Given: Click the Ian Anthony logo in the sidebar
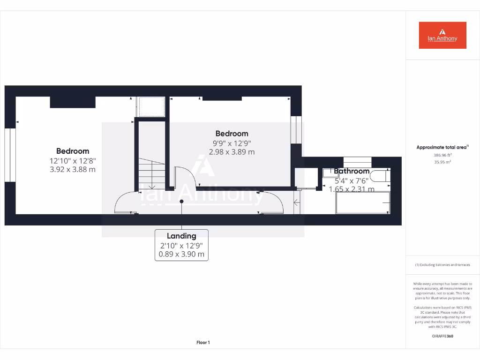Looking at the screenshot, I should point(442,35).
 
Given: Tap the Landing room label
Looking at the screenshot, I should point(181,236).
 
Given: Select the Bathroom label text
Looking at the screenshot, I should point(352,172).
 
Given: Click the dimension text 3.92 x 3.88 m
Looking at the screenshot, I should point(73,169).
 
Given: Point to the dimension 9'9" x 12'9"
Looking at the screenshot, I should point(232,143).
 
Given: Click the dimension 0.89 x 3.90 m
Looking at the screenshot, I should point(181,255).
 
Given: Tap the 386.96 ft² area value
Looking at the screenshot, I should point(442,155).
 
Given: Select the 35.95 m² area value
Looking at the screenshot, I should point(442,162).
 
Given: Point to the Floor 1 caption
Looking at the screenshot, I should point(203,343).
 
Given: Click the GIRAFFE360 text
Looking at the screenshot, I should point(442,336).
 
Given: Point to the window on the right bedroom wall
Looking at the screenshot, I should point(295,129).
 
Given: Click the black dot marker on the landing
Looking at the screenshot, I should point(182,202).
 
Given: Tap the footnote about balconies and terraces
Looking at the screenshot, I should point(442,265).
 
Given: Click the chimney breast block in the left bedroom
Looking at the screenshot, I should point(73,102).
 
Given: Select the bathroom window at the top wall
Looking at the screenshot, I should point(357,162).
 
